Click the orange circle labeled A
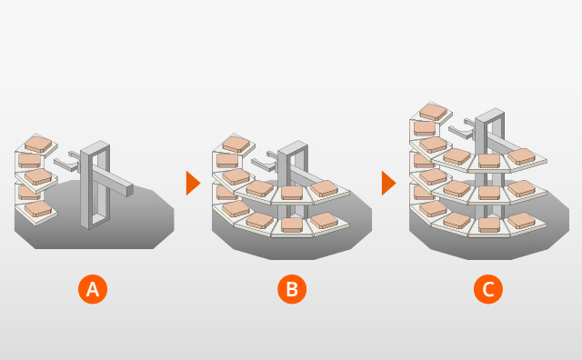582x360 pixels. [92, 289]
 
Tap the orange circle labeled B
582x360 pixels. [291, 289]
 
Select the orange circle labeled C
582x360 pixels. [488, 289]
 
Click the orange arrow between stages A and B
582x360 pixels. [192, 183]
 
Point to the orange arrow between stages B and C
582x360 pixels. [388, 183]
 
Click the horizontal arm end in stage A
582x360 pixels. [129, 191]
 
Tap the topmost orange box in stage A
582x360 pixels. [38, 144]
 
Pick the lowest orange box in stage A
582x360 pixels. [38, 208]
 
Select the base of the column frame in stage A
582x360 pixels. [95, 222]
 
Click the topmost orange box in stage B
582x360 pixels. [236, 144]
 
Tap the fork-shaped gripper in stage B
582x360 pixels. [263, 162]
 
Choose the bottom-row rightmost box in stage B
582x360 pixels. [324, 220]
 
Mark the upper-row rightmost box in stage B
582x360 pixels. [325, 188]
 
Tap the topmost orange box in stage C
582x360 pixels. [432, 112]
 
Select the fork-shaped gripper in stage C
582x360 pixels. [461, 129]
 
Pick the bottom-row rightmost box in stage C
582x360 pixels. [521, 220]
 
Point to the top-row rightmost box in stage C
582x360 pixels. [521, 156]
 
